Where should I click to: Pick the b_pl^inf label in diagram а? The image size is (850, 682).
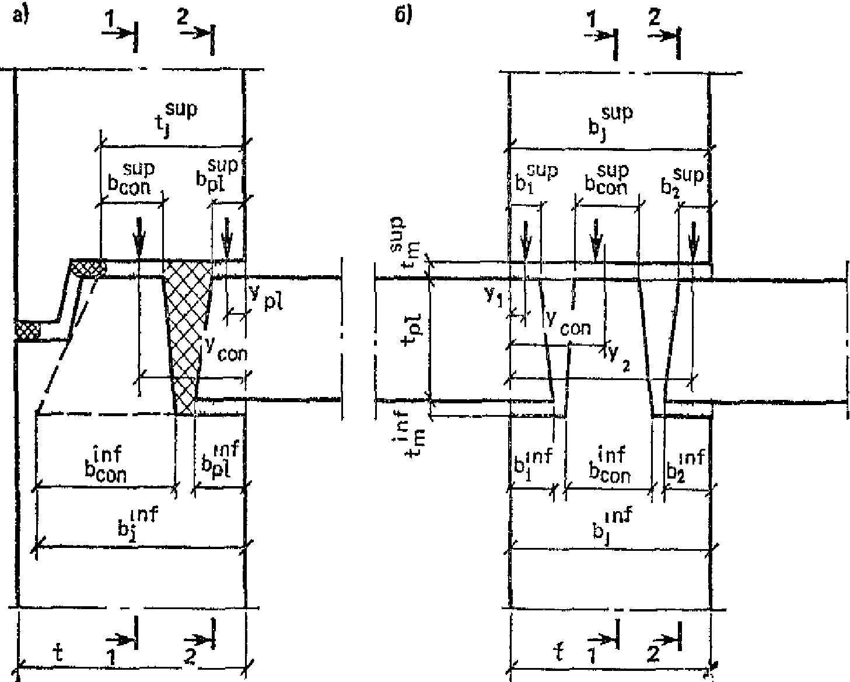tap(216, 460)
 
